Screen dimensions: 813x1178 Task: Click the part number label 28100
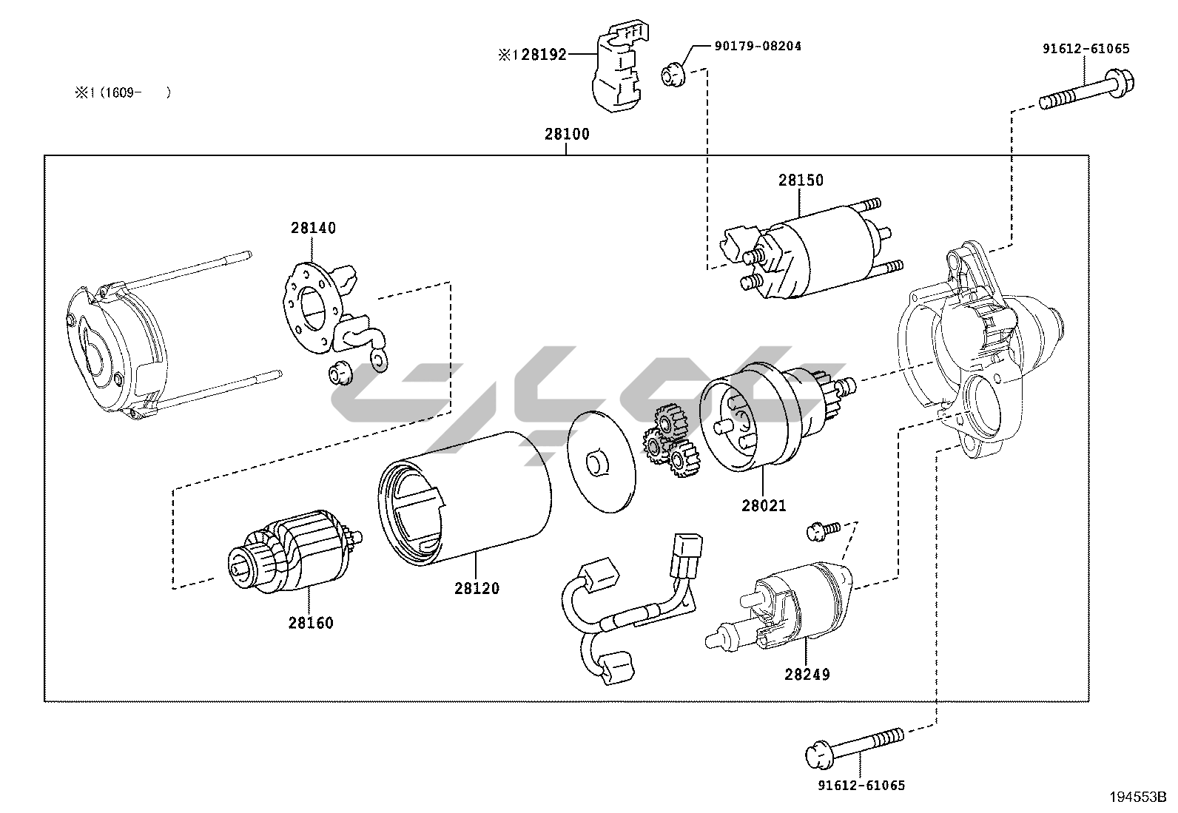[x=567, y=134]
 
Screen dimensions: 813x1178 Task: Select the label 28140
[x=312, y=228]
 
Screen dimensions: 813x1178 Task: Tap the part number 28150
[x=801, y=180]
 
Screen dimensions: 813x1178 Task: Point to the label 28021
[x=764, y=506]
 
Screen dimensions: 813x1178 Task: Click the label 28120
[x=477, y=588]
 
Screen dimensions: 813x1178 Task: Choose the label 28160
[x=311, y=623]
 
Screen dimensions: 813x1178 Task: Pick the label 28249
[x=807, y=674]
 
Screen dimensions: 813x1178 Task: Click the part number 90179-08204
[x=758, y=46]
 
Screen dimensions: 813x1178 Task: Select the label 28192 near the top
[x=543, y=54]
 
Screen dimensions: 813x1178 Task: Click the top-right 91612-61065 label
[x=1086, y=49]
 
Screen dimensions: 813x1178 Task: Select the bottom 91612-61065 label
[x=861, y=785]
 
